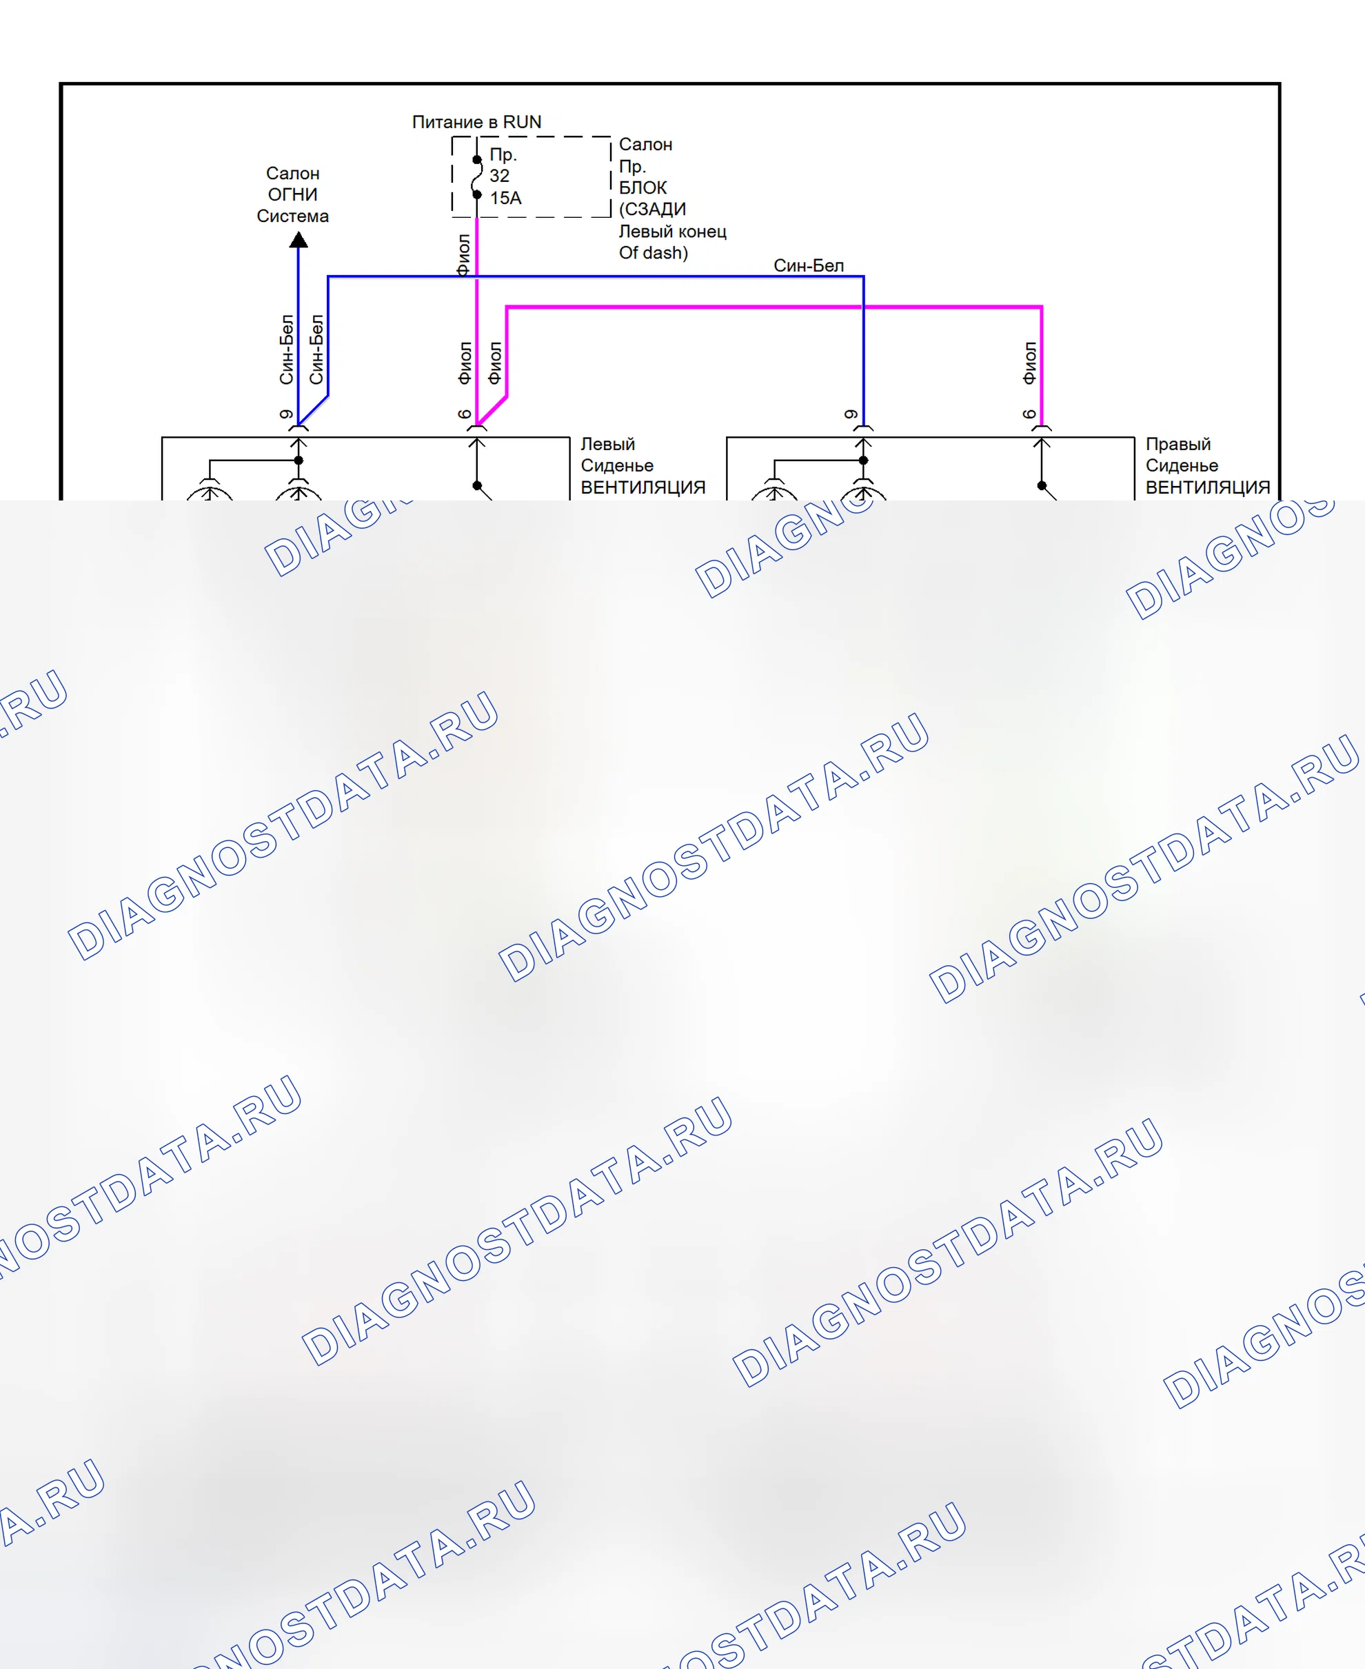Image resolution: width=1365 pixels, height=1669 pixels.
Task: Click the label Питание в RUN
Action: pos(476,122)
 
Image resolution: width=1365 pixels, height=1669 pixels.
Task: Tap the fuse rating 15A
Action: pos(505,198)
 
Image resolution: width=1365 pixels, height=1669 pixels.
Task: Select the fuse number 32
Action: pos(499,176)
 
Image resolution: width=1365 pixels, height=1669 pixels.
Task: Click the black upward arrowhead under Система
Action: pos(298,240)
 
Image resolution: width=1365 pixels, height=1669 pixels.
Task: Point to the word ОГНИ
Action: pos(292,194)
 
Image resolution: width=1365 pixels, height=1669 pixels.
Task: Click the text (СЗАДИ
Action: pos(652,209)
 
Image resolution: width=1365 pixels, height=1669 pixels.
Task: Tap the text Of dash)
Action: pos(653,252)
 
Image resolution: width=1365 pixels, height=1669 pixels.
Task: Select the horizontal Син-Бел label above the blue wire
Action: pos(808,265)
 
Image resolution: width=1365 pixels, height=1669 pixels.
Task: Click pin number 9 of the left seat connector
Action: pos(286,414)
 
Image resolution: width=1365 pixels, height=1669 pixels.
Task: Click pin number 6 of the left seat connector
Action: pos(465,414)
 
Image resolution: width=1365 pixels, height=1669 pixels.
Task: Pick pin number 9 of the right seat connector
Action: pos(851,414)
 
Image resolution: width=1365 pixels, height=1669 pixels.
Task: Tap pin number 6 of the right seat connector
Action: pos(1029,414)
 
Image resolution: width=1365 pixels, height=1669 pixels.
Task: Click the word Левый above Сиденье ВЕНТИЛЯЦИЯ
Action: pos(607,444)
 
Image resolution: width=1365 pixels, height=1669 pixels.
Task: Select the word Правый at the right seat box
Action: pos(1178,444)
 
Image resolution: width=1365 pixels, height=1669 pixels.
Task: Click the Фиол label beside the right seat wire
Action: pos(1029,363)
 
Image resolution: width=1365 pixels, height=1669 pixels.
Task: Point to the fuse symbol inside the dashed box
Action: pos(476,177)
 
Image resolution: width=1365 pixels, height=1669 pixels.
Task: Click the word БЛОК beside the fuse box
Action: pos(643,188)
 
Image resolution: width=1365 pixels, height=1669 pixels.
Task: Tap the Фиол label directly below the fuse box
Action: pos(463,254)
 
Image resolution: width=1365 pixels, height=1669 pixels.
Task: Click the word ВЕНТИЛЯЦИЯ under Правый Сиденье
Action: pos(1208,487)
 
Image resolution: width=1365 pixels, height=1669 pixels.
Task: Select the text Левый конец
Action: pos(672,231)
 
